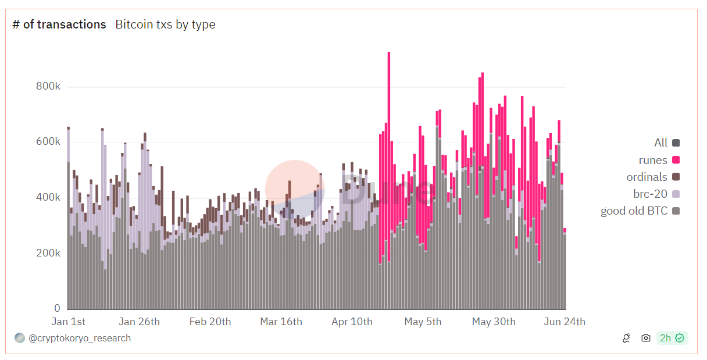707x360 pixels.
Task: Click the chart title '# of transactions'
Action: point(59,24)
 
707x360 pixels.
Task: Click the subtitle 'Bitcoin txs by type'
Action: point(165,24)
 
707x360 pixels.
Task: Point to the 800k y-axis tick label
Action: point(48,87)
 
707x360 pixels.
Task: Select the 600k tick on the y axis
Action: point(48,142)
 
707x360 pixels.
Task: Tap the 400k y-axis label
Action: point(48,198)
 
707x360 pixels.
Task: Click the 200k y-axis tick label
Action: point(48,253)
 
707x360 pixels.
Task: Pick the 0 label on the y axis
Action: point(57,308)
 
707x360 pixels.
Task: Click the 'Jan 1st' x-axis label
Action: point(69,322)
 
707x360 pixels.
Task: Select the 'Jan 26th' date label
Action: point(139,322)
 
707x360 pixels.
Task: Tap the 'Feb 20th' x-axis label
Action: point(210,322)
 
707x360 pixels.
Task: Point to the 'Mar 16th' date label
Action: point(281,322)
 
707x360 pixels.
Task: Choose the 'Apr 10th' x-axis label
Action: point(352,322)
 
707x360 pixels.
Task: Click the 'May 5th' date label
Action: point(423,322)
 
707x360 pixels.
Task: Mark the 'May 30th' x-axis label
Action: point(494,322)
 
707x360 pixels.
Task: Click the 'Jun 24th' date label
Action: point(564,322)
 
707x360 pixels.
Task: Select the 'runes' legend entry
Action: point(653,160)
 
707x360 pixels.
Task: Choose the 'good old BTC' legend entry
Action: point(634,211)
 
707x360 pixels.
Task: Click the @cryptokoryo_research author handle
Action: point(80,338)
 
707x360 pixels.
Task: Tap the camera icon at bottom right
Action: point(645,338)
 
